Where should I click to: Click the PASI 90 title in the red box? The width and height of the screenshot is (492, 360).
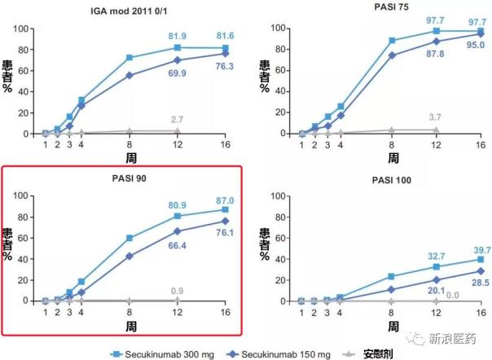coord(128,180)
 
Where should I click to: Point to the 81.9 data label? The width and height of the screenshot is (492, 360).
coord(178,37)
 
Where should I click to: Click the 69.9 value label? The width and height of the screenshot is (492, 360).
coord(178,72)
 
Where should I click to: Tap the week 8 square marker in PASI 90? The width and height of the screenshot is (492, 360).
coord(130,238)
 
